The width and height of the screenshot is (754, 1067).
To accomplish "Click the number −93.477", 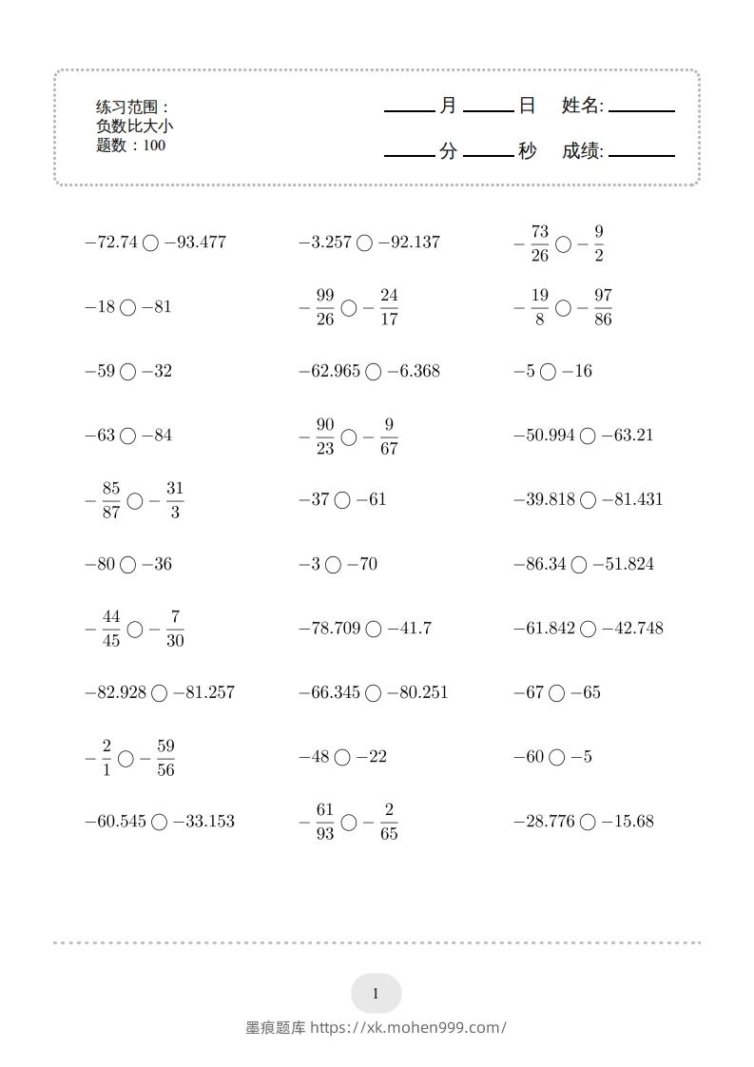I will (x=195, y=242).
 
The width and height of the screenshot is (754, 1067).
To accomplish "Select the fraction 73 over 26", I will (x=540, y=243).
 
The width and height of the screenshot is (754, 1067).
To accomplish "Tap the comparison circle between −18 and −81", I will (x=128, y=307).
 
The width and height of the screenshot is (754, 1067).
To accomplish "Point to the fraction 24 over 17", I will (x=388, y=308).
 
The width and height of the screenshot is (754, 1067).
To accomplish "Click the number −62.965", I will (x=329, y=372).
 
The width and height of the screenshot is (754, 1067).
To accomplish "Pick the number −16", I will (x=576, y=372).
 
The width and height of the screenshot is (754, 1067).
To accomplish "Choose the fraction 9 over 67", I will (x=388, y=436).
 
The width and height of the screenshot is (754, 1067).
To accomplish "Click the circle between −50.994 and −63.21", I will (x=588, y=436).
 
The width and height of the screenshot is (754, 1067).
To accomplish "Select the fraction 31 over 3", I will (x=174, y=500).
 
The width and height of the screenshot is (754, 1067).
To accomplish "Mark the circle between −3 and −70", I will (x=333, y=565).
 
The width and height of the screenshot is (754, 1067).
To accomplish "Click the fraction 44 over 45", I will (x=111, y=629).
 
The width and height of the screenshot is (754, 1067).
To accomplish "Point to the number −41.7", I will (x=410, y=629).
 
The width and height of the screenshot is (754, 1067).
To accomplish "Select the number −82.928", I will (x=115, y=693).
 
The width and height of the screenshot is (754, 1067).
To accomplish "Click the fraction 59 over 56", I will (x=165, y=758).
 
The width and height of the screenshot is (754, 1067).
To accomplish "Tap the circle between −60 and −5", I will (x=556, y=758).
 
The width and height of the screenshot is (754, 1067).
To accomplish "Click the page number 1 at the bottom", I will (x=376, y=995).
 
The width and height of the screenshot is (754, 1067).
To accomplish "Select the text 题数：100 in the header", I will (x=131, y=145).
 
